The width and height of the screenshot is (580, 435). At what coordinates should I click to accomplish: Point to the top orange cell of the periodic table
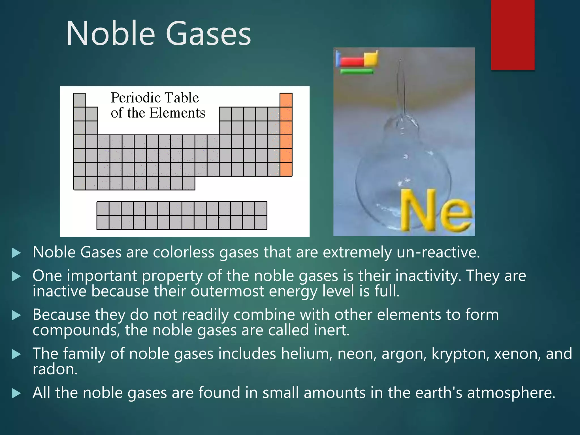point(286,100)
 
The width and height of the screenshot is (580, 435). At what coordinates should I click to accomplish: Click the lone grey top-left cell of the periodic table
point(79,100)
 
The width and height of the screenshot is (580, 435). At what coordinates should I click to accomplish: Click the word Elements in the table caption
point(177,113)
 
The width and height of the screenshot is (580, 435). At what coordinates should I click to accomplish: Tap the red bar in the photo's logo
point(352,61)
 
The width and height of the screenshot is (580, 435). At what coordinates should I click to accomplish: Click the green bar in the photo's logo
point(357,72)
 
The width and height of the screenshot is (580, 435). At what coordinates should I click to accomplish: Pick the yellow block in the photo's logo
point(370,58)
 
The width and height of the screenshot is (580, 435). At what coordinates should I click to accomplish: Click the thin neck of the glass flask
point(401,85)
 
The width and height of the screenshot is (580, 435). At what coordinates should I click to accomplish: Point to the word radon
point(55,369)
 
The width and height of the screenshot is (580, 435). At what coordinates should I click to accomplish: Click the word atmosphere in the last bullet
point(511,393)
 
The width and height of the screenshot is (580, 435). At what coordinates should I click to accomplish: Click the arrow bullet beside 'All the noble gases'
point(16,393)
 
